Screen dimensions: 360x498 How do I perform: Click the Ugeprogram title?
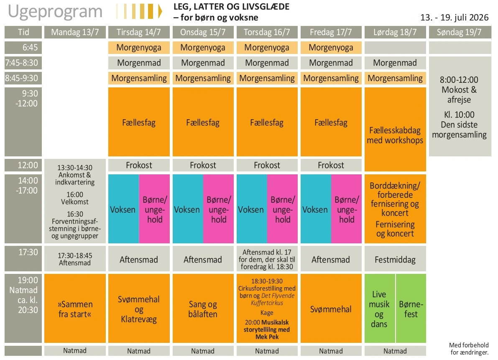coord(55,12)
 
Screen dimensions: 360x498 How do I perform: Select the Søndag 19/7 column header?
coord(459,32)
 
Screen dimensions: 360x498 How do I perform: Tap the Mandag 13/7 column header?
coord(75,32)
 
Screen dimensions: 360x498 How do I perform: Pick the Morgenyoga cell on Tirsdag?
coord(139,48)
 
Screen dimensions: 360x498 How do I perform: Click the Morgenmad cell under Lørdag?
coord(395,63)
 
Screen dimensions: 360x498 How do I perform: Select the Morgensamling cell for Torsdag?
coord(267,78)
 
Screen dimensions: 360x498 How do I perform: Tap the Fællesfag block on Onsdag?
coord(203,123)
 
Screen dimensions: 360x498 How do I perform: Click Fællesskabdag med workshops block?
coord(395,135)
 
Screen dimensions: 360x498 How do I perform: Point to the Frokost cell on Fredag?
coord(331,165)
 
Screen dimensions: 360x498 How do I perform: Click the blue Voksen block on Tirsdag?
coord(123,209)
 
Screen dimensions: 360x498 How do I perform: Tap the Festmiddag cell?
coord(395,260)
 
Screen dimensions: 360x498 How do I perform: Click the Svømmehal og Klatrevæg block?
coord(139,309)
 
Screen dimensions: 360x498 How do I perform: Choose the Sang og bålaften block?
coord(203,309)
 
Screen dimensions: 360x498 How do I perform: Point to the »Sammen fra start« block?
coord(75,309)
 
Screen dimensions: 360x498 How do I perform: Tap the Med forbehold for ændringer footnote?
coord(469,349)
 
